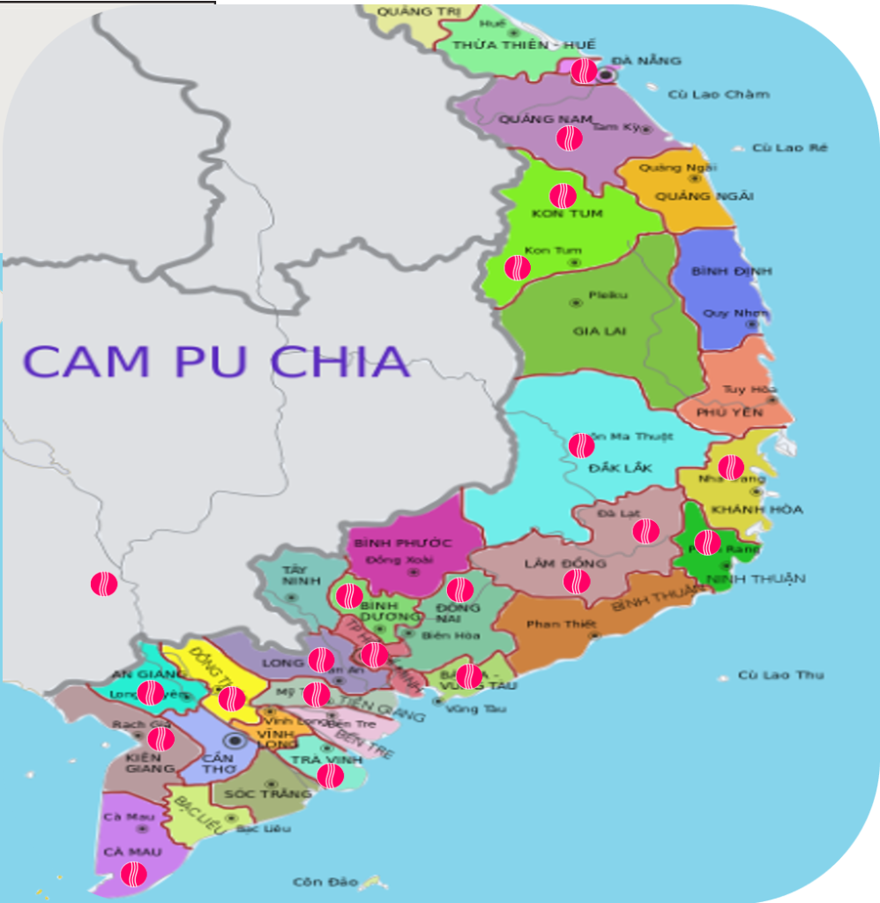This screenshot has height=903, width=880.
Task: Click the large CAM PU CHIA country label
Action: (x=216, y=361)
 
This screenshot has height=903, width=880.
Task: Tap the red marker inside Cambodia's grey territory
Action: (x=104, y=583)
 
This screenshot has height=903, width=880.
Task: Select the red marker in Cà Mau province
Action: (x=134, y=874)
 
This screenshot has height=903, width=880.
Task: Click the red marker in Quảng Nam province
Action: (x=569, y=138)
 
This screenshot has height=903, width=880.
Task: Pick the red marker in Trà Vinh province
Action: (x=331, y=775)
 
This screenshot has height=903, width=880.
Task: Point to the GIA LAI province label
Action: (x=599, y=332)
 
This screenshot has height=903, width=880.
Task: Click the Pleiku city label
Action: (x=608, y=295)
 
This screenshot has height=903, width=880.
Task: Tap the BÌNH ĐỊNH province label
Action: (x=719, y=271)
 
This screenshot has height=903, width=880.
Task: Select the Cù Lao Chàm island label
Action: (x=719, y=94)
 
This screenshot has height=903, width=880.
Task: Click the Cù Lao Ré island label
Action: (x=790, y=148)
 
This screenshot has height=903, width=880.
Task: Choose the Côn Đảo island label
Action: (x=325, y=882)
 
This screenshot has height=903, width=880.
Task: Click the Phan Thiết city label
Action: (x=556, y=624)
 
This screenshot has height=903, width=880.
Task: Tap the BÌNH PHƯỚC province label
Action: (x=403, y=542)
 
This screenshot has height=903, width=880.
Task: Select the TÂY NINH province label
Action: (x=295, y=575)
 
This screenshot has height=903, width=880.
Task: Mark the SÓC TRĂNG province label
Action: (x=268, y=794)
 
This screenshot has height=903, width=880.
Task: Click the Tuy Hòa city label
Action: (x=749, y=389)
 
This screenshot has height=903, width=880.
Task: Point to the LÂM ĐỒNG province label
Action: (x=565, y=563)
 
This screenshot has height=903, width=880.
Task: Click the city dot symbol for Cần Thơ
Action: (x=235, y=740)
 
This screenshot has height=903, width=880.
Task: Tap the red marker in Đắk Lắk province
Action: (x=581, y=445)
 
